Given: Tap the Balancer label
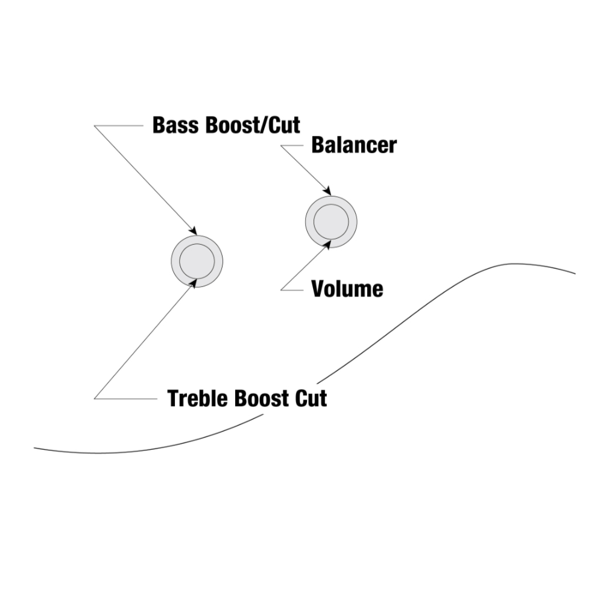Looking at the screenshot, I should [x=353, y=145].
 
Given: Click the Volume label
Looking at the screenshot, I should [x=347, y=289].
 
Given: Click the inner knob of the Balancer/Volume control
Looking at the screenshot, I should [x=330, y=220].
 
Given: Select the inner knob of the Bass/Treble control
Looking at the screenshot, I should [x=197, y=260].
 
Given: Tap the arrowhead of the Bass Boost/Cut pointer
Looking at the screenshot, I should [x=194, y=231].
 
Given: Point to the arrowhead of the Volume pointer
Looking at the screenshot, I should [x=329, y=244].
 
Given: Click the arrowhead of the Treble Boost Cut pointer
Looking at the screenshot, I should [x=194, y=282].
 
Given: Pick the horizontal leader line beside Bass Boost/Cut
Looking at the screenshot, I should [x=118, y=125].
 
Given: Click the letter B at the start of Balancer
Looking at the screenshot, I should [x=318, y=145].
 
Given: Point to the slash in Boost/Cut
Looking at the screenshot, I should [x=269, y=125].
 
